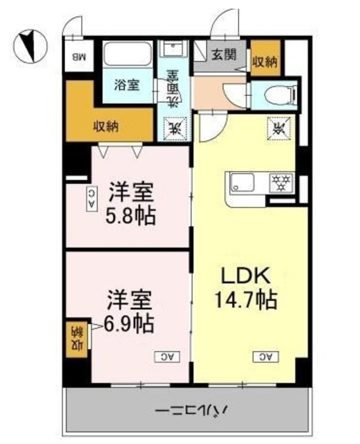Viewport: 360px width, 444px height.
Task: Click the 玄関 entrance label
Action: pos(223,54)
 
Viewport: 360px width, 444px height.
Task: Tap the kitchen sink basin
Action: pos(243,183)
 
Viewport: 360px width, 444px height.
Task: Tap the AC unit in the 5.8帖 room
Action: pos(92,199)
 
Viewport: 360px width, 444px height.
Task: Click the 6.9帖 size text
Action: pos(130,323)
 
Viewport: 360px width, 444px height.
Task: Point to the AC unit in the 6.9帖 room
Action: pos(166,356)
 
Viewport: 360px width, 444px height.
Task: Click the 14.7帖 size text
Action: pos(247,300)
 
